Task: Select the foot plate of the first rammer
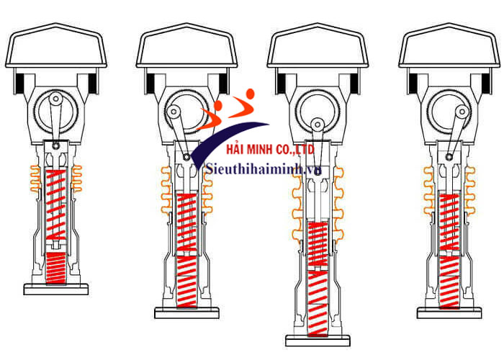[56, 289]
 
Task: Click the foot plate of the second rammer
[186, 313]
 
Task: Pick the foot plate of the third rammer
[318, 341]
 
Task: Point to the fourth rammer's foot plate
[449, 313]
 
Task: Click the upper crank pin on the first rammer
[56, 99]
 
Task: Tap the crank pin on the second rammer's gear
[174, 112]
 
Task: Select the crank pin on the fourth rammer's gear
[462, 112]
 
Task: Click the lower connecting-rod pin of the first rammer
[56, 146]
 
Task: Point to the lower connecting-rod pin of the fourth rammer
[449, 157]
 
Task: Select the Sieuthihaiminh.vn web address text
[264, 168]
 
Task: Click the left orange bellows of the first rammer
[35, 179]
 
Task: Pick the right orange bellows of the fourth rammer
[469, 191]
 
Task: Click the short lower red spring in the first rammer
[56, 268]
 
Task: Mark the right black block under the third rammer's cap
[354, 83]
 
